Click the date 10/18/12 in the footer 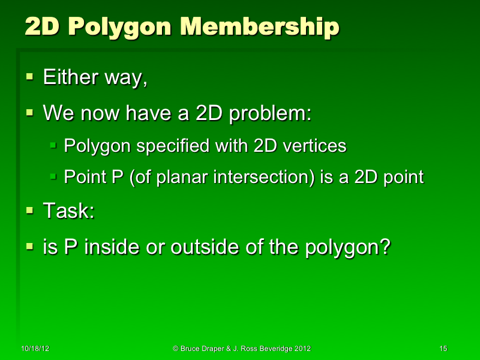34,349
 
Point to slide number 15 443,349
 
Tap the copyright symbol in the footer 176,349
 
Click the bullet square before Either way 30,77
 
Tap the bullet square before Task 30,210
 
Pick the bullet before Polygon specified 53,145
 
